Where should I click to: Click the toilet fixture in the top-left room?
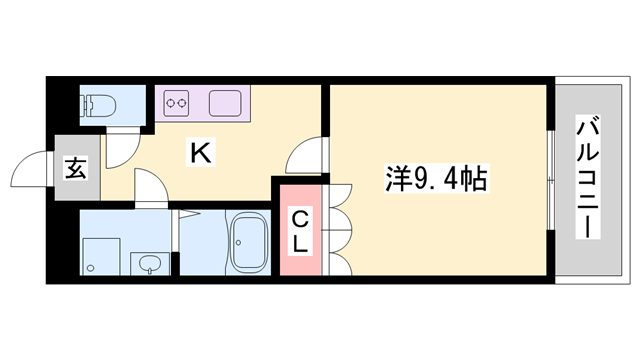point(97,103)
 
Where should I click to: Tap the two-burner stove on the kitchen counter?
point(178,102)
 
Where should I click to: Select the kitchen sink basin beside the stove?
point(221,102)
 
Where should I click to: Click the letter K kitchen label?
point(200,154)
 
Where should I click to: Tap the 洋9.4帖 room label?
point(436,180)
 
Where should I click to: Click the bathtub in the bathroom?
point(245,243)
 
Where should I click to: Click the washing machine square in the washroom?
point(98,255)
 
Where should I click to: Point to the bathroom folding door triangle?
point(184,215)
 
